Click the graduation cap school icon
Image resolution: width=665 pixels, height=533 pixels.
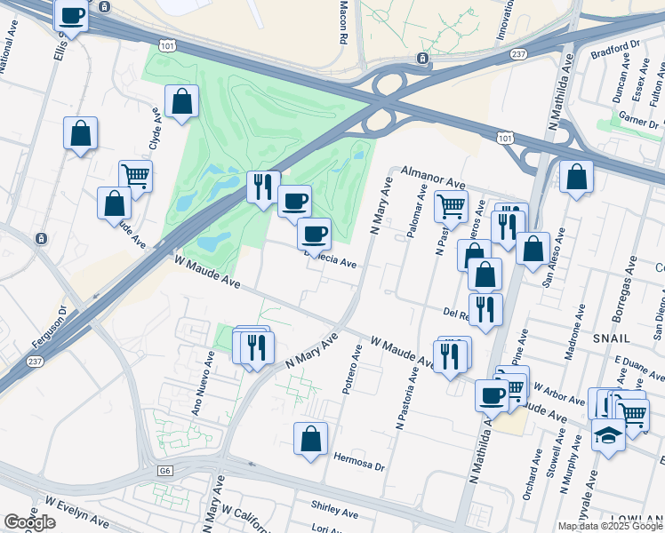(608, 436)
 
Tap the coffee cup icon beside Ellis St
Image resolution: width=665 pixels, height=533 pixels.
(72, 15)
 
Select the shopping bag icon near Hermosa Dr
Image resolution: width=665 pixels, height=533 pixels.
(310, 439)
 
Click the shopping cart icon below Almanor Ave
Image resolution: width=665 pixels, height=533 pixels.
(451, 205)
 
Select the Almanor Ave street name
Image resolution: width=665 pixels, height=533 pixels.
(432, 174)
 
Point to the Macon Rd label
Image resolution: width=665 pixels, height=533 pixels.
(342, 22)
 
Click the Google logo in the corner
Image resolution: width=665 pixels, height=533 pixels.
(28, 522)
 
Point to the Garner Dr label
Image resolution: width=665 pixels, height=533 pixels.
(640, 122)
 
